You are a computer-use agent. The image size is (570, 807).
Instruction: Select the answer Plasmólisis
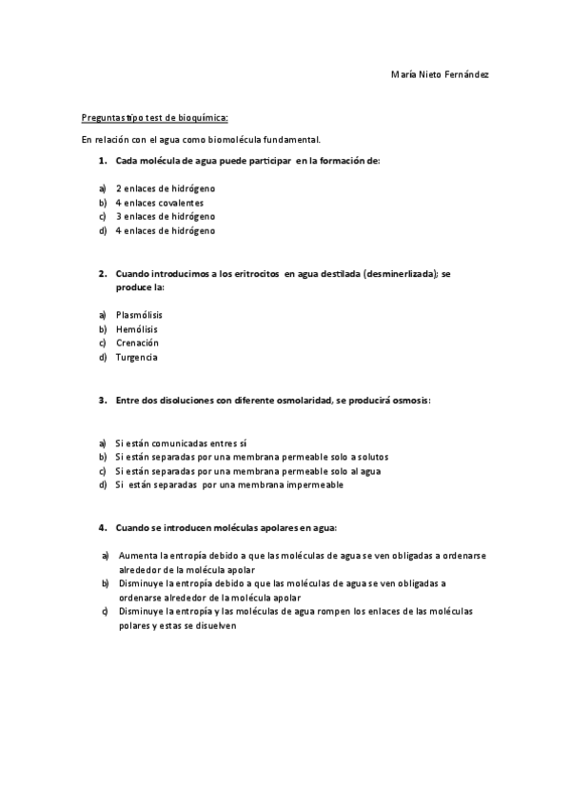pos(139,314)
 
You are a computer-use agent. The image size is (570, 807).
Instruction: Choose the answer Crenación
pos(137,343)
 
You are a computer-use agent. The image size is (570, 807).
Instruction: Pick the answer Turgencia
pos(137,357)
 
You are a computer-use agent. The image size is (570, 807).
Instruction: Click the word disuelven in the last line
pos(213,626)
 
